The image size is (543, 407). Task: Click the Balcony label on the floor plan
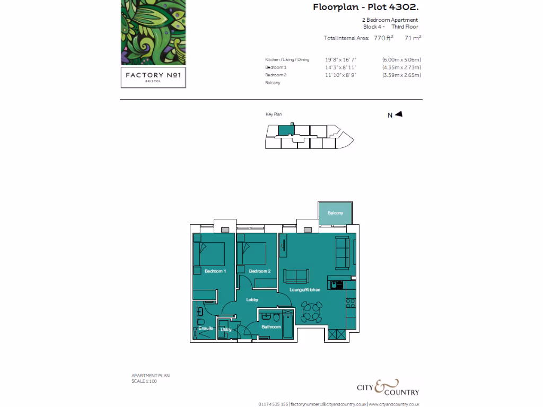click(335, 213)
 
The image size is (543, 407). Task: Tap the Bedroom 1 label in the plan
click(215, 271)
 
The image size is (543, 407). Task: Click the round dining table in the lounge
click(311, 312)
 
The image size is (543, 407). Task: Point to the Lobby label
click(252, 300)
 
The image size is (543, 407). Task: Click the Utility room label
click(226, 330)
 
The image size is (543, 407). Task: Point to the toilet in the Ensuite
click(200, 323)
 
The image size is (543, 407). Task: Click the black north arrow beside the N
click(399, 114)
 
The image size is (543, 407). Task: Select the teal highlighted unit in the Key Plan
click(286, 130)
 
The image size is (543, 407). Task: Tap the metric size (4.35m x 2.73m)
click(401, 67)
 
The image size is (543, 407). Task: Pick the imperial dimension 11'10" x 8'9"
click(341, 75)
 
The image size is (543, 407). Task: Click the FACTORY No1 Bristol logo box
click(153, 76)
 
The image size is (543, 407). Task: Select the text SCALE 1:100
click(144, 381)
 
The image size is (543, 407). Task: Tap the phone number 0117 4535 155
click(273, 404)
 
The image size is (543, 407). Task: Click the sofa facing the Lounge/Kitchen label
click(296, 276)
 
